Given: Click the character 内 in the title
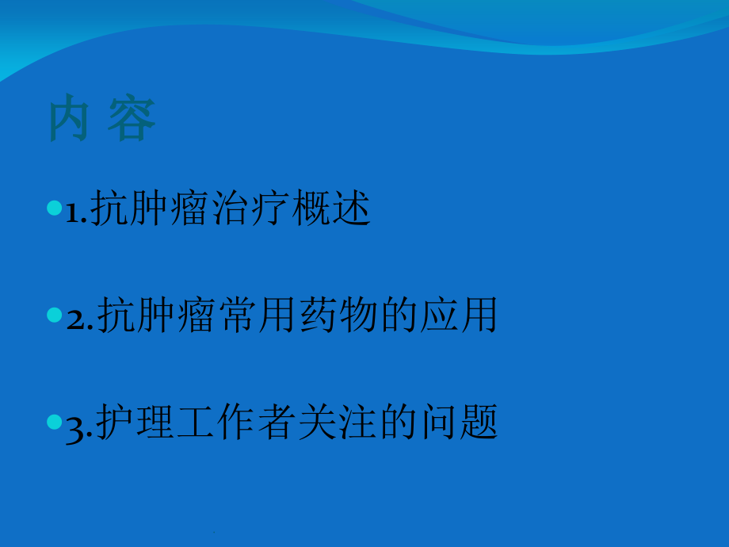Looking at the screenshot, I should pyautogui.click(x=68, y=120).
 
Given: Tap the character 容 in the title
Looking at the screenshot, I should pyautogui.click(x=132, y=120).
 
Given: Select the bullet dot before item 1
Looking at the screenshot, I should pyautogui.click(x=54, y=208).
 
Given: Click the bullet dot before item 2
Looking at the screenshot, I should pyautogui.click(x=54, y=316).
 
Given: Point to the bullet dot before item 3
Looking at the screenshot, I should pyautogui.click(x=54, y=420).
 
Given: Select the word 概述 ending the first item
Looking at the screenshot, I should pyautogui.click(x=330, y=210).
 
